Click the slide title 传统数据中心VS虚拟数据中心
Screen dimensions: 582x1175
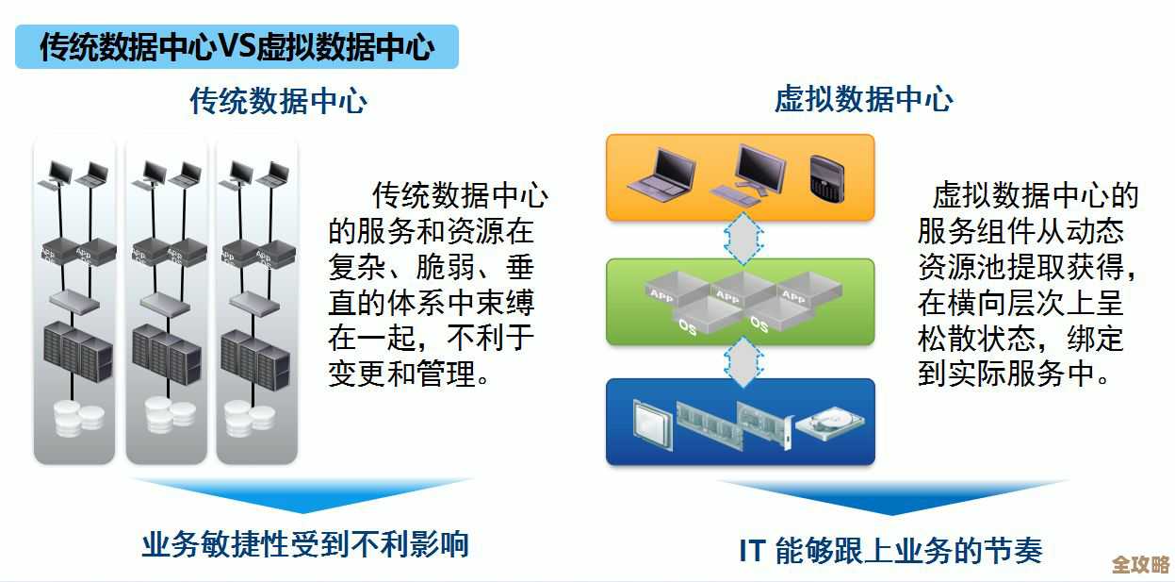point(237,46)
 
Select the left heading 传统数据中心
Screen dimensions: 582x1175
point(278,101)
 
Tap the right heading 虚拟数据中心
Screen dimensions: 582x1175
point(863,99)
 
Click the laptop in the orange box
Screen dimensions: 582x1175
point(661,175)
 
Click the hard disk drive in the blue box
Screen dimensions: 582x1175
point(829,424)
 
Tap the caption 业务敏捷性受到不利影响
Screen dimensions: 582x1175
point(304,544)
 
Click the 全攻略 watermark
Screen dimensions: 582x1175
point(1140,564)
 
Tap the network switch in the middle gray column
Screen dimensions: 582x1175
point(166,303)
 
